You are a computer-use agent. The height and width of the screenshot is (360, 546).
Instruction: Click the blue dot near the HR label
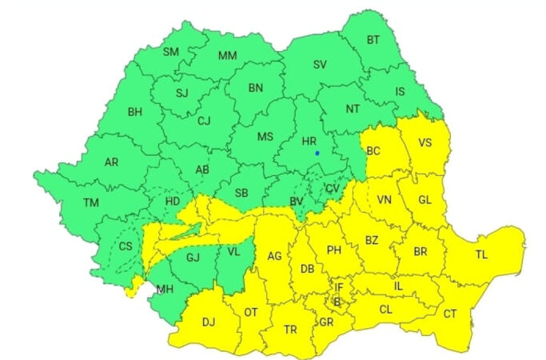(317, 153)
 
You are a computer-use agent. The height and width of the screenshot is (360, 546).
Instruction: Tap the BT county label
(373, 40)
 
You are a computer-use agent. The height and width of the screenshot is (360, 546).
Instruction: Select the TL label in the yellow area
(481, 254)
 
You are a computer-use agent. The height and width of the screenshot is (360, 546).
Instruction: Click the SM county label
(171, 52)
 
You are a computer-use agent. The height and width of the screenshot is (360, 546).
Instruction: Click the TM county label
(91, 202)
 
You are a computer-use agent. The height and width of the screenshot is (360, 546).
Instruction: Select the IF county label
(338, 286)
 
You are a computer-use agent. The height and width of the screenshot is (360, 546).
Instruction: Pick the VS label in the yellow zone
(425, 143)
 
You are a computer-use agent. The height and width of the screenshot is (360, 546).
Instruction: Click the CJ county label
(204, 121)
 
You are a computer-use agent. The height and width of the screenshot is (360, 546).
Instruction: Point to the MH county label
(164, 289)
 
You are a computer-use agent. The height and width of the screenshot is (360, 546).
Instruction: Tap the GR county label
(326, 322)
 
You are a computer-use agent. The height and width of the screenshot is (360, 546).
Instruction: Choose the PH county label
(334, 250)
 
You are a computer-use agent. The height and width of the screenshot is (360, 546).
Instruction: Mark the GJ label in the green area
(192, 258)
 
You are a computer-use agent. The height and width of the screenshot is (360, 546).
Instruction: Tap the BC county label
(373, 150)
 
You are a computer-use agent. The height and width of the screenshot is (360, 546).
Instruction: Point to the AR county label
(111, 162)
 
